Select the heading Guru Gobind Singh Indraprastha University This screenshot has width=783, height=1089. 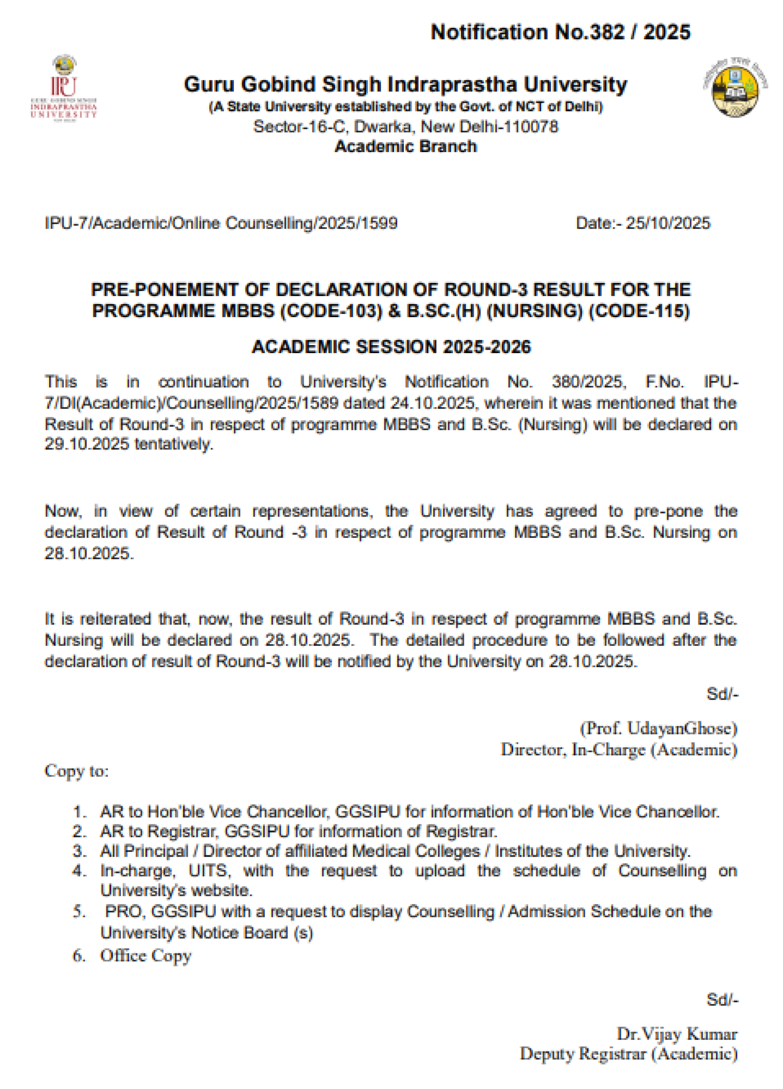[405, 85]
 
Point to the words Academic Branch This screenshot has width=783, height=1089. [406, 146]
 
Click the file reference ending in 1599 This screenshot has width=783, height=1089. [221, 223]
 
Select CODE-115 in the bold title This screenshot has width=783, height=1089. [639, 311]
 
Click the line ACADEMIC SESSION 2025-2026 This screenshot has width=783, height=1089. [391, 347]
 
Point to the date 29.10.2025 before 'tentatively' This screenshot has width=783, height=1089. [87, 444]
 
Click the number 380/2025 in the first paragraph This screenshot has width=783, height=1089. [588, 382]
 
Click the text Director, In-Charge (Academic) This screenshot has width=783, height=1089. [619, 750]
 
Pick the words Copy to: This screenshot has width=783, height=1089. [77, 771]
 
